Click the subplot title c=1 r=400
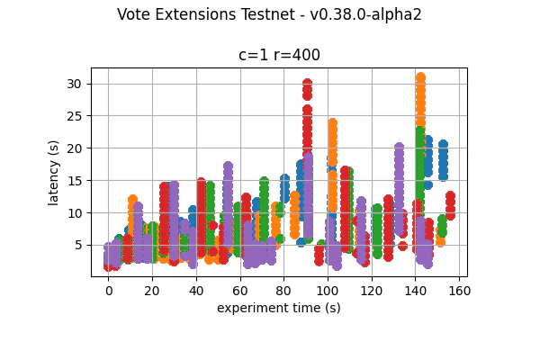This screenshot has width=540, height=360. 279,55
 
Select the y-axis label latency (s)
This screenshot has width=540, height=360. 54,172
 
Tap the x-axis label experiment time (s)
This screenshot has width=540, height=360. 279,308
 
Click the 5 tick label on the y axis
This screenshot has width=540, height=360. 79,245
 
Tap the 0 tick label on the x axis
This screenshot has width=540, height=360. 109,291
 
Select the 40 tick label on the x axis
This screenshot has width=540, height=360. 196,291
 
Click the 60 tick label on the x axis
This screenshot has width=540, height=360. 240,291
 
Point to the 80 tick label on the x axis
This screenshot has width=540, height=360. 283,291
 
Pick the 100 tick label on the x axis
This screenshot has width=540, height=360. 328,291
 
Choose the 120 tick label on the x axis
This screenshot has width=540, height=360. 371,291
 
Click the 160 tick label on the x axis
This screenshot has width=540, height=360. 458,291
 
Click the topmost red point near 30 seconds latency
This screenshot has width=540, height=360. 307,84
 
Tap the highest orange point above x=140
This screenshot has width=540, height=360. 420,78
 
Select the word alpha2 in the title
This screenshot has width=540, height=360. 395,14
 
